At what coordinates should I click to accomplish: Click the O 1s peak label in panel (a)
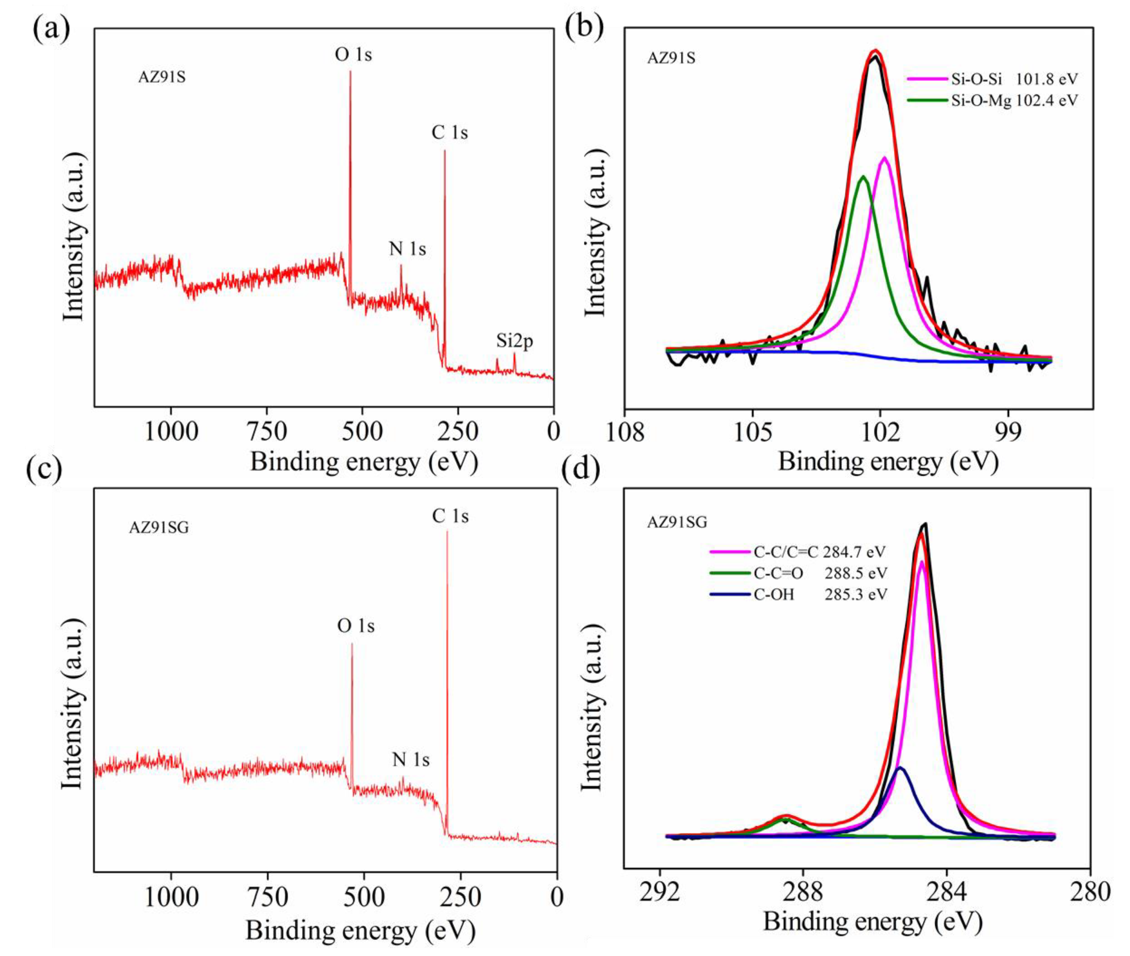pos(353,55)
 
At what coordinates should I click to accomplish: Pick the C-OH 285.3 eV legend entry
pos(798,594)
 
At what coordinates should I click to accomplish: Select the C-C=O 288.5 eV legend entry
pos(798,573)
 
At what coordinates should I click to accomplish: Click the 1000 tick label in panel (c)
pos(171,898)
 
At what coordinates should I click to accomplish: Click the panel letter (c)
pos(44,468)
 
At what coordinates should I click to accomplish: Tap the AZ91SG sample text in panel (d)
pos(677,522)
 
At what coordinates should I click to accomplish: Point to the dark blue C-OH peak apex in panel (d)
pos(900,768)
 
